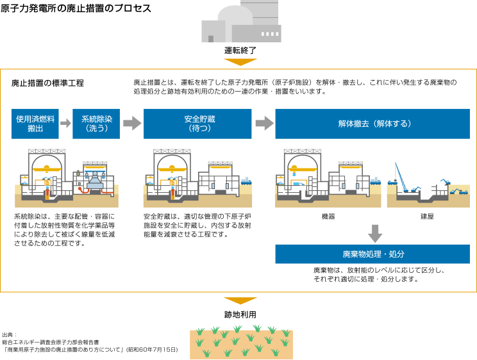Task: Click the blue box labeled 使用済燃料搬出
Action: point(35,124)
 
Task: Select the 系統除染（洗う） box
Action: point(96,124)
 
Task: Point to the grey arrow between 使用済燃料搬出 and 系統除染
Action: point(65,124)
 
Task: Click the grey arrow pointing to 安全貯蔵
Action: point(131,124)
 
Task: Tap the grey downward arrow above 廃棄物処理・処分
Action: point(376,233)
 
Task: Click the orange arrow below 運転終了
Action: point(240,62)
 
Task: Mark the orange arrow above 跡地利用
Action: point(240,300)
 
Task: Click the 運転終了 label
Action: point(240,51)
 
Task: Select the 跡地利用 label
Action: point(240,315)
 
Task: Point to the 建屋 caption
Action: point(428,217)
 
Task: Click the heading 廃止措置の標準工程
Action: point(47,83)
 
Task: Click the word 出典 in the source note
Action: point(10,335)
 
